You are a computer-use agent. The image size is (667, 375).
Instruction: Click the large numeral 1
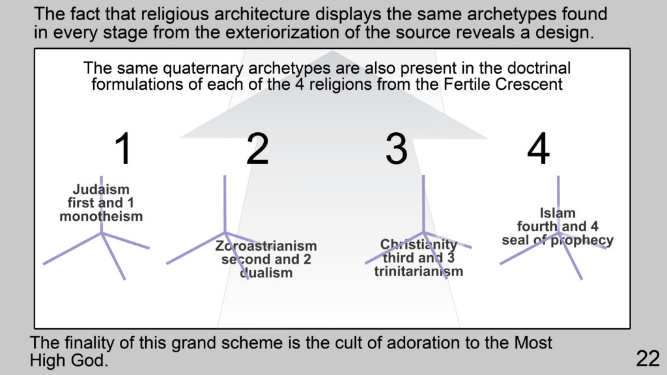point(123,148)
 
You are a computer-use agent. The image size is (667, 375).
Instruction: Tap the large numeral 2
point(257,148)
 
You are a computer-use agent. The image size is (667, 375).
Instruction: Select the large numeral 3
point(397,148)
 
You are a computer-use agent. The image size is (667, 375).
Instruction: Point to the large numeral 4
point(538,148)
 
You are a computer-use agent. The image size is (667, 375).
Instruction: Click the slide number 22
point(648,359)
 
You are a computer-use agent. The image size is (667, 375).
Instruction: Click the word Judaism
point(101,189)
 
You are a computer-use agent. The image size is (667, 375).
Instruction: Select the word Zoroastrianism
point(266,245)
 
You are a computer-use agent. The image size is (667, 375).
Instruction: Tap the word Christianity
point(419,245)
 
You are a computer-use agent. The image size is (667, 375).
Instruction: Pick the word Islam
point(558,213)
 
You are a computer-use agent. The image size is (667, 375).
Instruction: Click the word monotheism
point(101,216)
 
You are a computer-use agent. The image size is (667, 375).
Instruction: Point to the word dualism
point(266,273)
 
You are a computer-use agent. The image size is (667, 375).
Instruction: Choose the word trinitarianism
point(419,271)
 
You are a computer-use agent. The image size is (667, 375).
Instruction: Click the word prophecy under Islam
point(582,241)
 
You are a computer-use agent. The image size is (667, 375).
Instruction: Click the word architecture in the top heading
point(262,14)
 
